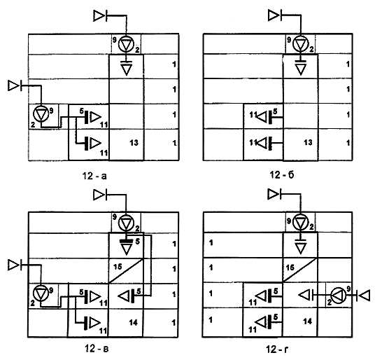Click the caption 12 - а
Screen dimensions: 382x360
94,176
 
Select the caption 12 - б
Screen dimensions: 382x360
282,175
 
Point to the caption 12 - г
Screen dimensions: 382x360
277,349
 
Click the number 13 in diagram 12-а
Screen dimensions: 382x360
134,142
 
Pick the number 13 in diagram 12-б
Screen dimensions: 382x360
308,142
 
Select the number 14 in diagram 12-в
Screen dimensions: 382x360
133,323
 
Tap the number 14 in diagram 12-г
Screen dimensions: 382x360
307,321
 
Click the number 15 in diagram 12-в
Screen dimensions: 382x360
118,267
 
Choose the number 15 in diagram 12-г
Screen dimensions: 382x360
290,268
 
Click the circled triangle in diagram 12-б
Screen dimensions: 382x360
301,44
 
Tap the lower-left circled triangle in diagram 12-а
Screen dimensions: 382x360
41,114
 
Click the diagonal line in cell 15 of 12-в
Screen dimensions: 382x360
126,271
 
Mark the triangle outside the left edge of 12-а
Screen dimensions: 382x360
13,86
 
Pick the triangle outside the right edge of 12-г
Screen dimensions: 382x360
365,296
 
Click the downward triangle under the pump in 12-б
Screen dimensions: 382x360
301,69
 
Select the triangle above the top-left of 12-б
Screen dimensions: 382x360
274,16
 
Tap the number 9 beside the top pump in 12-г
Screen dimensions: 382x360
289,221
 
